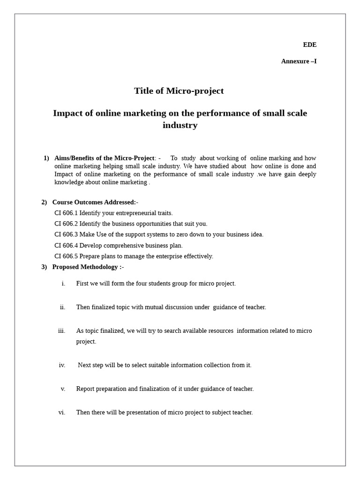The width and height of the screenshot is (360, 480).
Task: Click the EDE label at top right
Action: (309, 45)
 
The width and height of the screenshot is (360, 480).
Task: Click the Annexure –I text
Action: (299, 61)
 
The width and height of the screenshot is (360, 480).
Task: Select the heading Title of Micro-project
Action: (179, 91)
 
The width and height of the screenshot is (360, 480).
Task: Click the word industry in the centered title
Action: (180, 126)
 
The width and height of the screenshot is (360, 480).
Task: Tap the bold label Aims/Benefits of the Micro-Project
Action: (104, 158)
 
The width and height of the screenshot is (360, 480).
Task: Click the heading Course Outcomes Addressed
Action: (94, 202)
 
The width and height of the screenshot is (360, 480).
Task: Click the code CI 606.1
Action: (66, 213)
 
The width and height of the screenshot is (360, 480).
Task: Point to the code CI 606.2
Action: (66, 224)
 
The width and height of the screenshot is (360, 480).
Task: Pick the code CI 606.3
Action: (66, 235)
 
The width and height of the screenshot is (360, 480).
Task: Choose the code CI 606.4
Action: (66, 246)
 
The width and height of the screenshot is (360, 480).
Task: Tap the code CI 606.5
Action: (66, 256)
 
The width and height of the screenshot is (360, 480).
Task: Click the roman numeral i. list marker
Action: (63, 284)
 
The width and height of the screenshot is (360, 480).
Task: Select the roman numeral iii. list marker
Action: (62, 331)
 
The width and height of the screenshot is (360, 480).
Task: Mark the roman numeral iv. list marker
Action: (62, 365)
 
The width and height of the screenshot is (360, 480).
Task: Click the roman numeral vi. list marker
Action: (62, 412)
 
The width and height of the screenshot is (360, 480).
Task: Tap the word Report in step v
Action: (85, 389)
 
